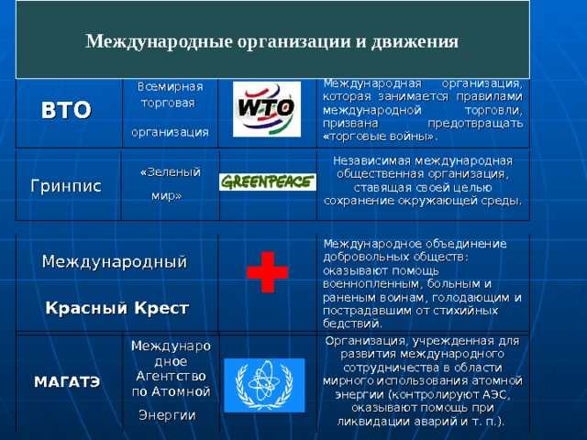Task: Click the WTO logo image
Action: click(267, 109)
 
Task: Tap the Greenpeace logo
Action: click(268, 182)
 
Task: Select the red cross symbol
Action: click(267, 272)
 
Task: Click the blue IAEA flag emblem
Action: click(264, 385)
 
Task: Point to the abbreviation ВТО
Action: click(66, 110)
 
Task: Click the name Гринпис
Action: click(66, 186)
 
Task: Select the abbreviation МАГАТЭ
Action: click(67, 382)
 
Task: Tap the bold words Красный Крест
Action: click(116, 308)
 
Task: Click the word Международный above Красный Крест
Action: click(115, 261)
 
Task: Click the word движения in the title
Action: click(415, 42)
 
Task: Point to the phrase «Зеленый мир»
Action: click(169, 183)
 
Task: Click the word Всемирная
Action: click(171, 87)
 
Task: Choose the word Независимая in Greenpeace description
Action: click(371, 161)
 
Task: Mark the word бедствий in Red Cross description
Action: click(352, 324)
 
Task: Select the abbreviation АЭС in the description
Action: click(493, 395)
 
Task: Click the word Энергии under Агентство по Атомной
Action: click(167, 415)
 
